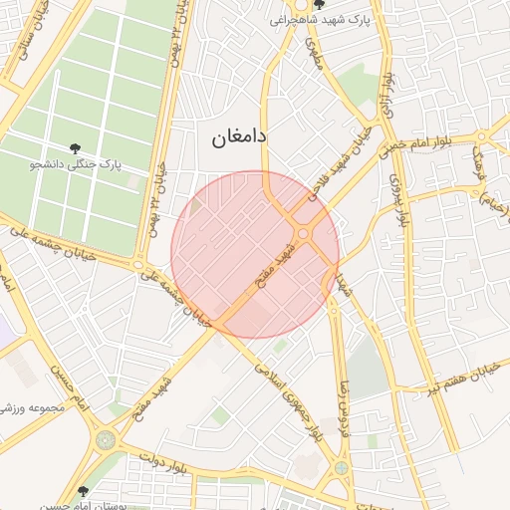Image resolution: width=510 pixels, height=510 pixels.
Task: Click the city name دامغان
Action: click(x=239, y=138)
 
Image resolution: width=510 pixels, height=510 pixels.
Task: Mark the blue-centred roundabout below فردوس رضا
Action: click(x=342, y=467)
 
